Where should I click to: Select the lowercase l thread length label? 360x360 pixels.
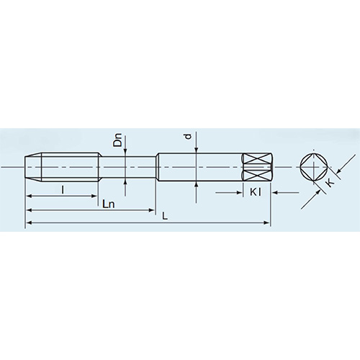point(63,189)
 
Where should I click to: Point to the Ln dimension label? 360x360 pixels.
point(109,204)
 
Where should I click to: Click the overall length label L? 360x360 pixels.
point(165,216)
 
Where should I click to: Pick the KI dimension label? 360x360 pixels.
point(256,192)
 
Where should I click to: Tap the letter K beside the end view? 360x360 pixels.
point(329,184)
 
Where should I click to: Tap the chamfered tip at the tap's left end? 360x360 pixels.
point(29,167)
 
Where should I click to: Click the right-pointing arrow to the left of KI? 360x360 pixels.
point(239,192)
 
